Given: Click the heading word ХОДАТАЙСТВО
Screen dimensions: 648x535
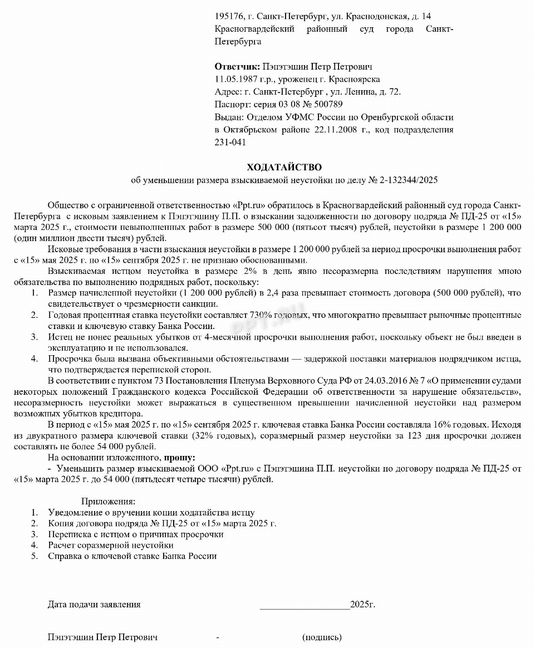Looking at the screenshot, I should point(284,167).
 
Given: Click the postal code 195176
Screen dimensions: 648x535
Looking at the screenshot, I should point(229,16).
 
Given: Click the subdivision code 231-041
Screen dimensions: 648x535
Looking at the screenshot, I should point(229,142).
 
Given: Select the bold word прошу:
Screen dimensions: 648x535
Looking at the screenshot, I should point(179,458).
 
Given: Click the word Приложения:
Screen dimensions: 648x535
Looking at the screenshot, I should point(108,502).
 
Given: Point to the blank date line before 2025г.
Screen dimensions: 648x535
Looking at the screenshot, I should point(305,604).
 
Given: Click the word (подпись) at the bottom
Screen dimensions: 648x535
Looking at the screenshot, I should point(322,637).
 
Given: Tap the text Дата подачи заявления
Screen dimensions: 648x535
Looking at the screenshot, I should point(94,604).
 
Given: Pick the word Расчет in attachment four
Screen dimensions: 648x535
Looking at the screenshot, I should point(62,545).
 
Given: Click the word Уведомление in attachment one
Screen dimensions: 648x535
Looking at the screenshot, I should point(75,513).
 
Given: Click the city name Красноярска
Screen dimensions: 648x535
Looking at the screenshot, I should point(355,80).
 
